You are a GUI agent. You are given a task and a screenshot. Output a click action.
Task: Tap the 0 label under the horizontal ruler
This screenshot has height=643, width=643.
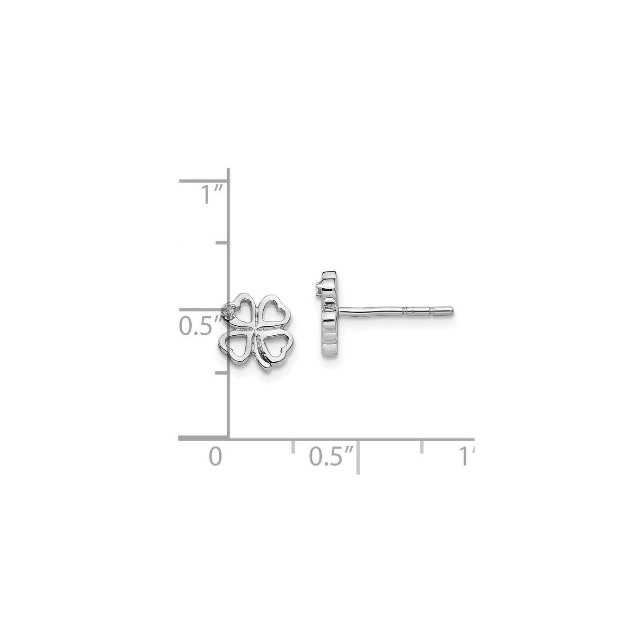click(x=215, y=457)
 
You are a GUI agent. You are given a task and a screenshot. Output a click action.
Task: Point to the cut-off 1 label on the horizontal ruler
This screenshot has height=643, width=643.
click(x=466, y=457)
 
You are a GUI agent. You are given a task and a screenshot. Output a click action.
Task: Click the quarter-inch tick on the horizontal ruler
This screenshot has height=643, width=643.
click(x=293, y=446)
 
